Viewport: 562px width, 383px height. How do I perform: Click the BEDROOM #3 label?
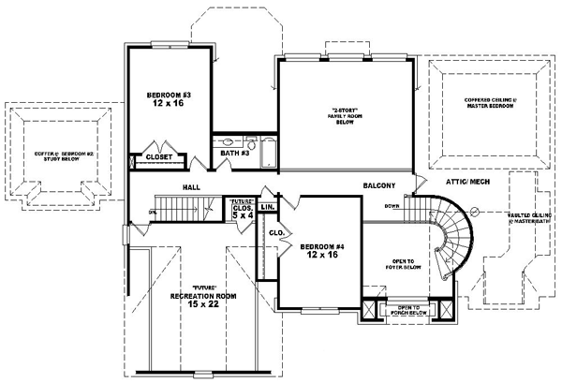tap(168, 96)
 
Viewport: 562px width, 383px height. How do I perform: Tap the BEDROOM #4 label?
tap(318, 247)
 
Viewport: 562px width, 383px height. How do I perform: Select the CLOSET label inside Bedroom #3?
tap(158, 157)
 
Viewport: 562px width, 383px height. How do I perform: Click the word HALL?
tap(192, 186)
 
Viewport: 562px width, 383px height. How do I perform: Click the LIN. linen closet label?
tap(267, 206)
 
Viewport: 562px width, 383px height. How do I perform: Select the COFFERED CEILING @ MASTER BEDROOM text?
tap(488, 103)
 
